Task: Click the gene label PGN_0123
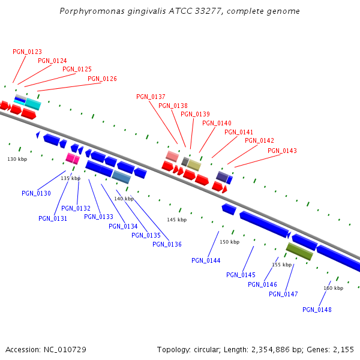27,52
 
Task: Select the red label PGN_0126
102,79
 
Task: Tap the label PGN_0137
151,97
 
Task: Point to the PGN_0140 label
217,123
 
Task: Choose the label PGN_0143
282,151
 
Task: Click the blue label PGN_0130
36,193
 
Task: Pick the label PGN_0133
98,217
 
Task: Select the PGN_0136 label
167,244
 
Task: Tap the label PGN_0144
206,260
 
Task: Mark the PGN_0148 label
317,310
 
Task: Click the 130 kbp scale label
17,159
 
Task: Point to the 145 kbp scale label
176,220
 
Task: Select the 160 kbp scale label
333,288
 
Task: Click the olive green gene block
299,251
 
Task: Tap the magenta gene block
73,158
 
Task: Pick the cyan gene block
32,104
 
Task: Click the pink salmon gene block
172,156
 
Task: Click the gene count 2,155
342,349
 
